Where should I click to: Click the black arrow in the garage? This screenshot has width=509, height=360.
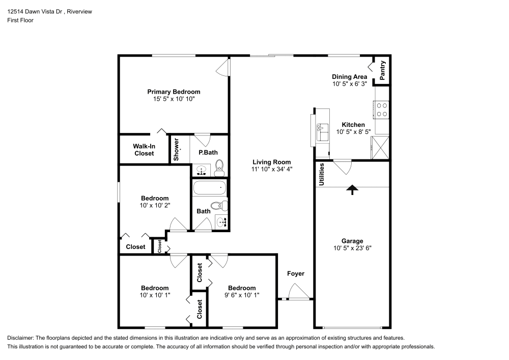pyautogui.click(x=352, y=189)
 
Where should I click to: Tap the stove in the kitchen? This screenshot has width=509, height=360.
pyautogui.click(x=382, y=110)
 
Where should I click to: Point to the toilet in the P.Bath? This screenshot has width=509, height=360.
pyautogui.click(x=219, y=165)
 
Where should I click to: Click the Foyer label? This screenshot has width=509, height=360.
pyautogui.click(x=296, y=274)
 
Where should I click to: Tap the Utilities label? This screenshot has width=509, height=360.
pyautogui.click(x=321, y=174)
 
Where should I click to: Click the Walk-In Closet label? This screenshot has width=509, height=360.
pyautogui.click(x=144, y=150)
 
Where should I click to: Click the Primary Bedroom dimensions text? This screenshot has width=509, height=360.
pyautogui.click(x=174, y=99)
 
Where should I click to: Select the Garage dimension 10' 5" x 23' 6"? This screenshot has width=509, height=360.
pyautogui.click(x=352, y=249)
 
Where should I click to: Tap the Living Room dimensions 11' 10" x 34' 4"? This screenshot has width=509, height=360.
pyautogui.click(x=272, y=169)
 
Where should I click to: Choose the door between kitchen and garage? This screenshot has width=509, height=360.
pyautogui.click(x=342, y=166)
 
